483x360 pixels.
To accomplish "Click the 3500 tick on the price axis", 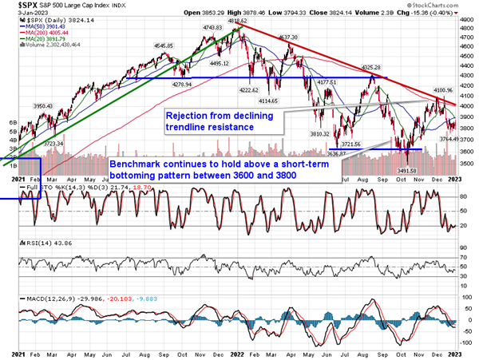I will click(469, 163).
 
